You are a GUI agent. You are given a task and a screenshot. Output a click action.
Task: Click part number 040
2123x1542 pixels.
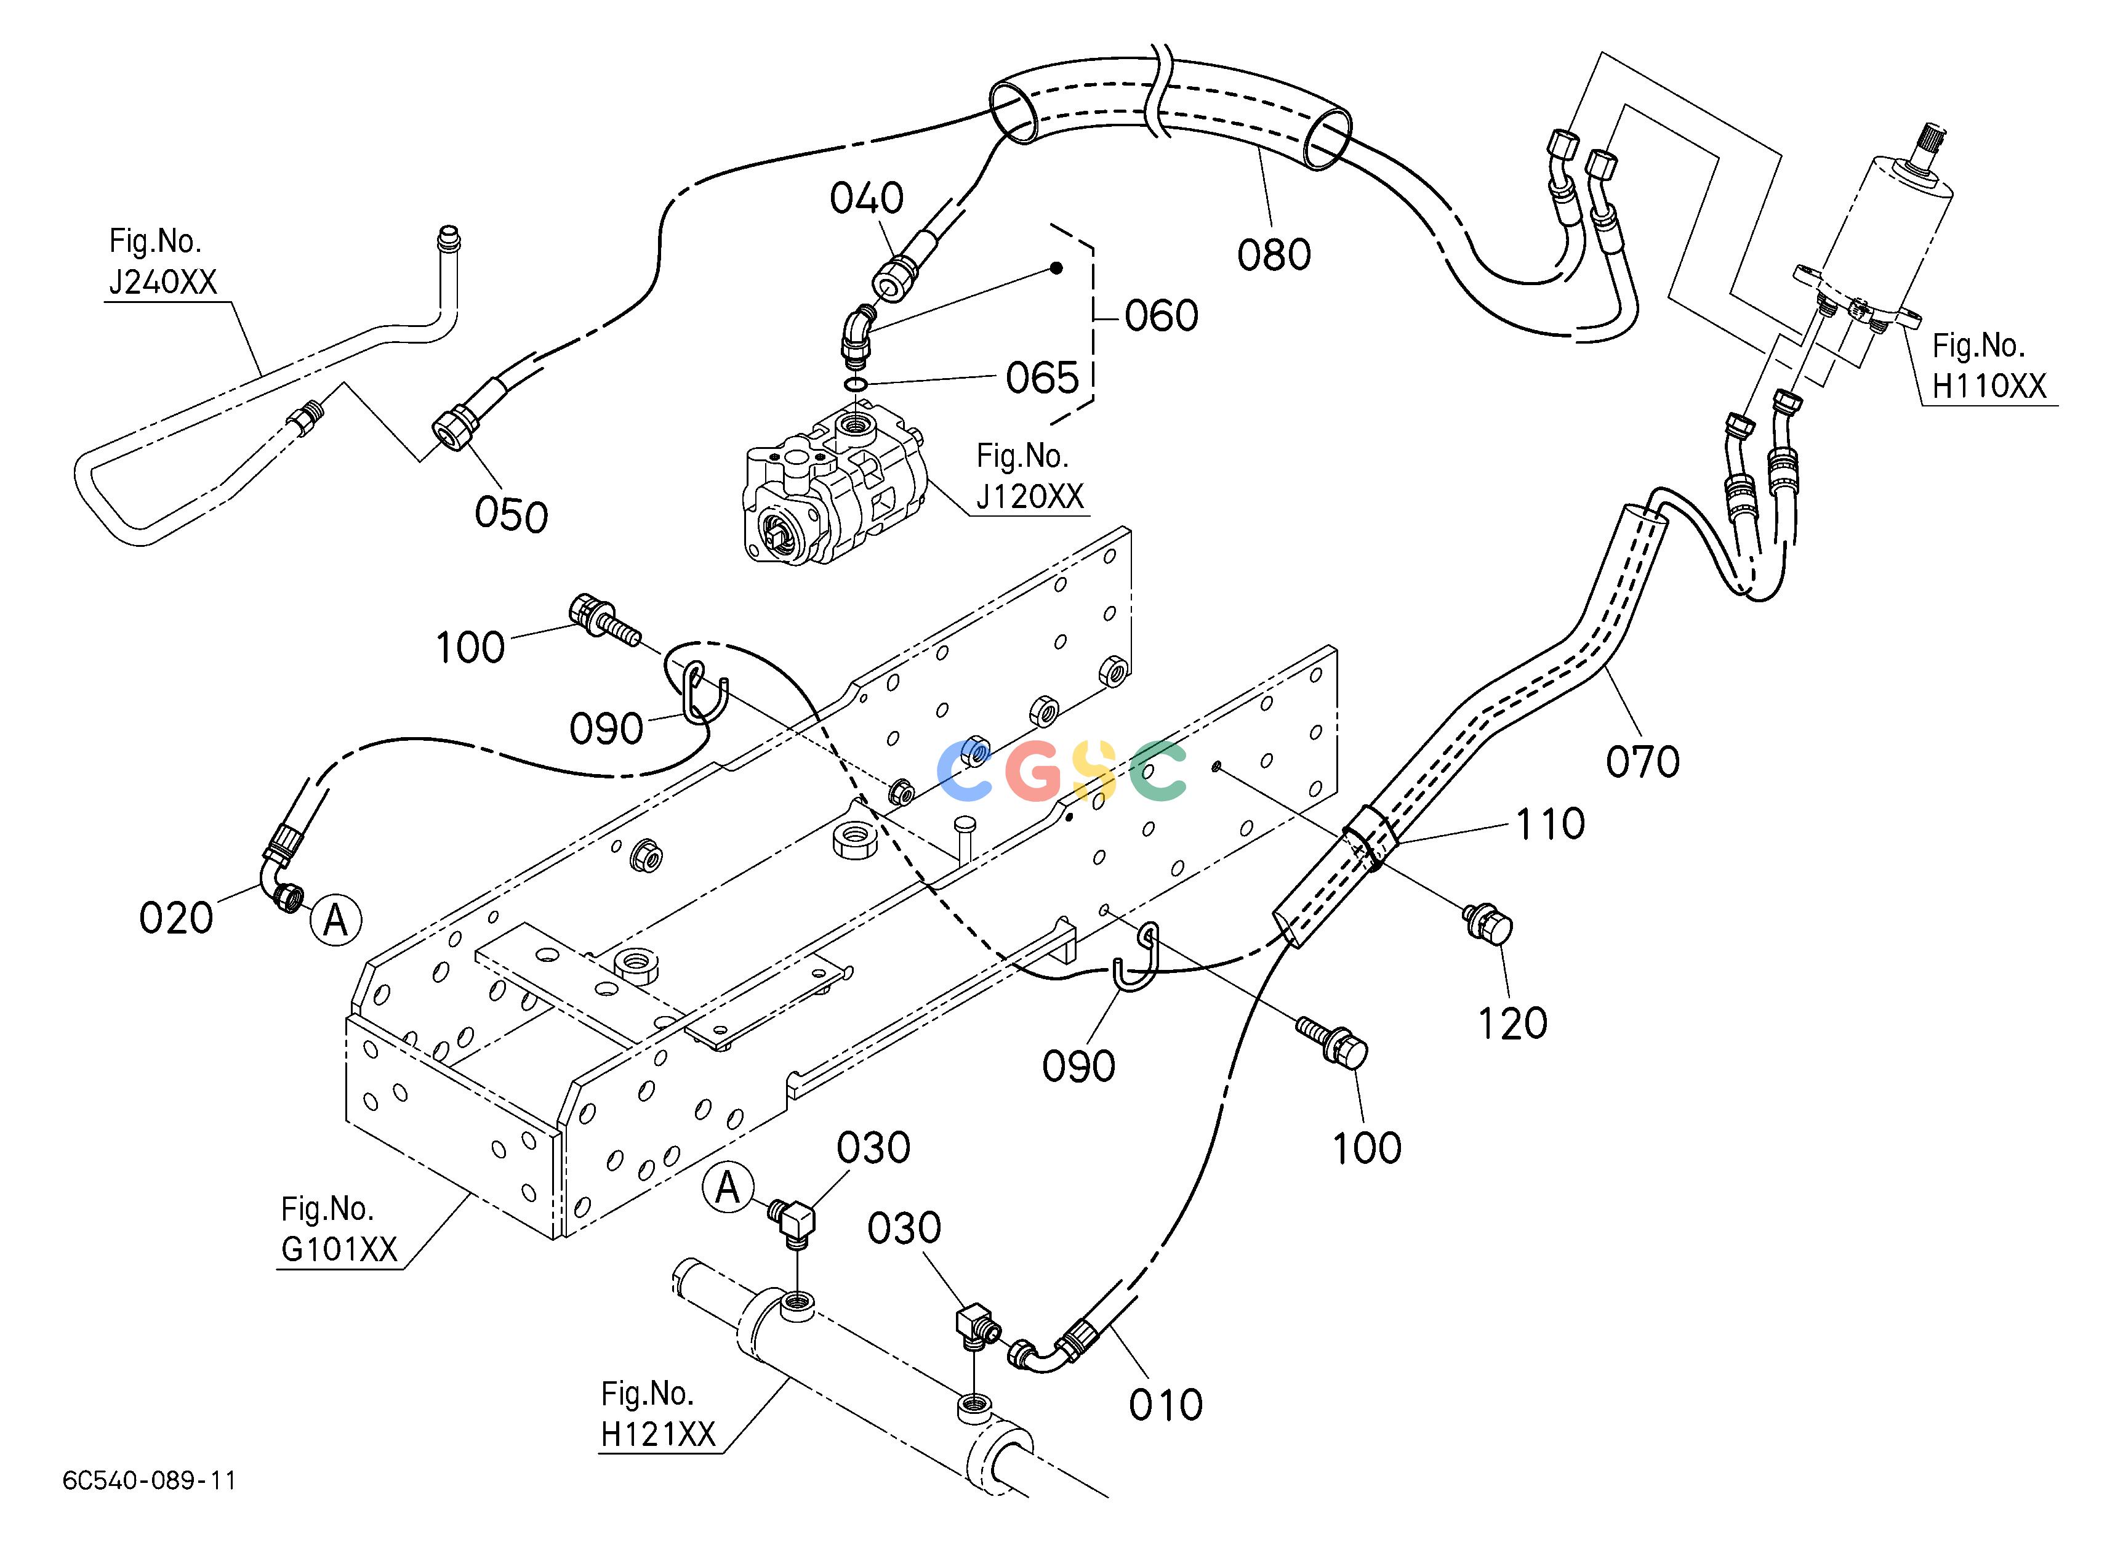(x=867, y=198)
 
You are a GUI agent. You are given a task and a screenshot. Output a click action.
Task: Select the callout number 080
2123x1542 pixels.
(x=1274, y=255)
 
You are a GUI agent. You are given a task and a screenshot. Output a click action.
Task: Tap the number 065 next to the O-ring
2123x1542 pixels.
(x=1043, y=378)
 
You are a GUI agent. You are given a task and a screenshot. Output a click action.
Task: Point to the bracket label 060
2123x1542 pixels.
(x=1162, y=315)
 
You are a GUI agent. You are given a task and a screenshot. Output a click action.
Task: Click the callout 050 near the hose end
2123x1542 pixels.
(x=511, y=515)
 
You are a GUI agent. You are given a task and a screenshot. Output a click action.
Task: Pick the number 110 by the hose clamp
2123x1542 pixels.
(x=1550, y=824)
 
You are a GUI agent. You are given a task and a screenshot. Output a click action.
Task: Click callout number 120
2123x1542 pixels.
(x=1512, y=1023)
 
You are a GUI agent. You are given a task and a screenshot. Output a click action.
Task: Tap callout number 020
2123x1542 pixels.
(x=176, y=918)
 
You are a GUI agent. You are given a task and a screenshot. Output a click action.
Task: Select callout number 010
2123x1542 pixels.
(x=1165, y=1405)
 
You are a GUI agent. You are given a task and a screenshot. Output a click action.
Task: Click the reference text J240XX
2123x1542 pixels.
(x=163, y=282)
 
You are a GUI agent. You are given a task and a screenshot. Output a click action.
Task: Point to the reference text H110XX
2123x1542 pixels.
(x=1989, y=385)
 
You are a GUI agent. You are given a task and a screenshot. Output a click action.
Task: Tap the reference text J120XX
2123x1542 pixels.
(x=1030, y=496)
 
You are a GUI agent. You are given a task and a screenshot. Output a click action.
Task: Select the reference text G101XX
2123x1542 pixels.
(x=339, y=1249)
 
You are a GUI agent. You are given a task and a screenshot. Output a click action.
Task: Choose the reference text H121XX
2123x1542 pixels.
(x=658, y=1434)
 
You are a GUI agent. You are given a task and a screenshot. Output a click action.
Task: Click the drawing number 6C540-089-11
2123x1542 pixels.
(x=149, y=1480)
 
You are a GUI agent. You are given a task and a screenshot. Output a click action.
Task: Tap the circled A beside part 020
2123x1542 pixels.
(x=335, y=920)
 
